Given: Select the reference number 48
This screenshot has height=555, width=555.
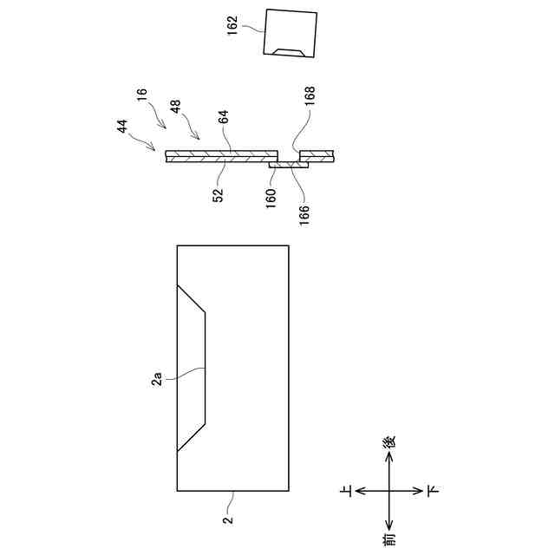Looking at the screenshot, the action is [x=176, y=108].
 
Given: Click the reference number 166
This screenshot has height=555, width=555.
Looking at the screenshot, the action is [x=304, y=209].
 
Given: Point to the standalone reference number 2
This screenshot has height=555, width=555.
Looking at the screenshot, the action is [x=227, y=520].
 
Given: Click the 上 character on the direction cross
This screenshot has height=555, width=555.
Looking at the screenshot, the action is [x=347, y=492].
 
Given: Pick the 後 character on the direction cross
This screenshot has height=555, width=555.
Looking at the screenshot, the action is [x=389, y=441].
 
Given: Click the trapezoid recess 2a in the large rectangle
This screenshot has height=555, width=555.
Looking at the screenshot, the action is [x=193, y=369].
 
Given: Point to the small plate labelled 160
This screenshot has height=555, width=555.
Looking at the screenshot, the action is [x=288, y=164].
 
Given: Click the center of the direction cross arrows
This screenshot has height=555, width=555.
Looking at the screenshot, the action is [x=389, y=491].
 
